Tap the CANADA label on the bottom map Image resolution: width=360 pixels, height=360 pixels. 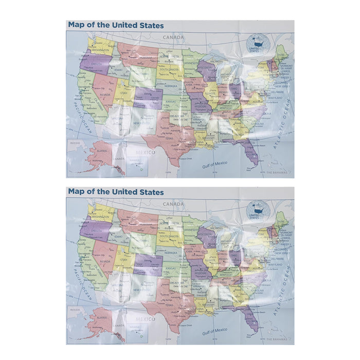(173, 204)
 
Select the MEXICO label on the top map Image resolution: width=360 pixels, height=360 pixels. (145, 152)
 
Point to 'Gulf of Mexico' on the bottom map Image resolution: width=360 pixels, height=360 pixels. (214, 330)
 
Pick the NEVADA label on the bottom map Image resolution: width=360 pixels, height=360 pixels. (105, 261)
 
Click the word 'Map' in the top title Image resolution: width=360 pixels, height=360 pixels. (76, 25)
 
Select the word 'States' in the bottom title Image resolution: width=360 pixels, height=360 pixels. (152, 192)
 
